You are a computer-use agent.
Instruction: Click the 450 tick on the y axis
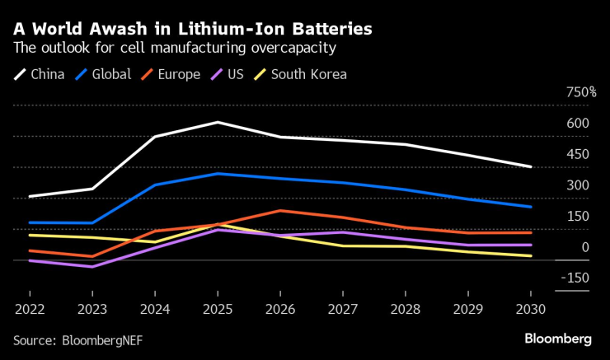point(577,154)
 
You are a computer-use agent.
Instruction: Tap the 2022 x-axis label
point(30,311)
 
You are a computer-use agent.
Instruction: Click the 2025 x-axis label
point(217,311)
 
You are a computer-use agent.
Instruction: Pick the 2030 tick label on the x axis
point(530,311)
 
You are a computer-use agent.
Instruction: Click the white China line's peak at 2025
point(217,123)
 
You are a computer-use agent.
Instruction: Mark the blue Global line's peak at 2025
point(217,174)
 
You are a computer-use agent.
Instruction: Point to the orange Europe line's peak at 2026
point(279,211)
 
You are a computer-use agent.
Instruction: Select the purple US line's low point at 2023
point(92,267)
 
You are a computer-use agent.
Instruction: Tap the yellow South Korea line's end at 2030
point(530,256)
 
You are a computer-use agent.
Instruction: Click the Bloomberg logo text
point(558,339)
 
